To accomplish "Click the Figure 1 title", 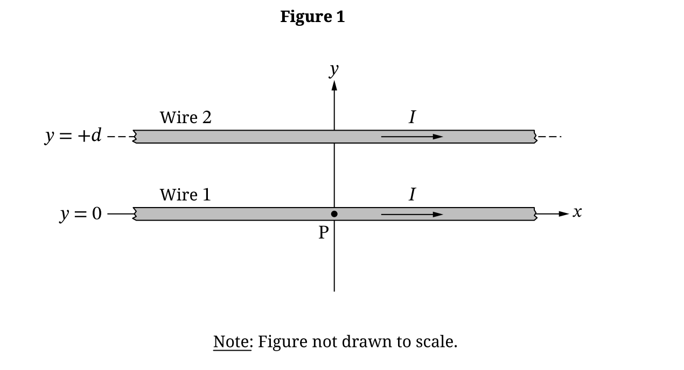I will click(312, 17).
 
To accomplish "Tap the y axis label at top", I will click(334, 69).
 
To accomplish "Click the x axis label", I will click(577, 212).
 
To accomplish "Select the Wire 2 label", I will click(185, 117).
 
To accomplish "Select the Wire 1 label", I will click(185, 195).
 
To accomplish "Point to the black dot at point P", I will click(334, 214).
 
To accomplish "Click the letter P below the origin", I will click(323, 232).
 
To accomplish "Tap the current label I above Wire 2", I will click(412, 117).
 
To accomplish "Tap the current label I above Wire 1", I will click(412, 194).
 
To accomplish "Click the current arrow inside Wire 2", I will click(412, 137).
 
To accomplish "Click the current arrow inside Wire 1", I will click(412, 215).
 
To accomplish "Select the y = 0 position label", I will click(80, 214).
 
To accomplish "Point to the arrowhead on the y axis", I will click(334, 86).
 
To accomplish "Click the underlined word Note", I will click(232, 341).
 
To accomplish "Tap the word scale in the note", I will click(436, 341).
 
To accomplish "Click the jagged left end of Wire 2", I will click(135, 137).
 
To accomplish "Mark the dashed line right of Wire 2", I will click(549, 137).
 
